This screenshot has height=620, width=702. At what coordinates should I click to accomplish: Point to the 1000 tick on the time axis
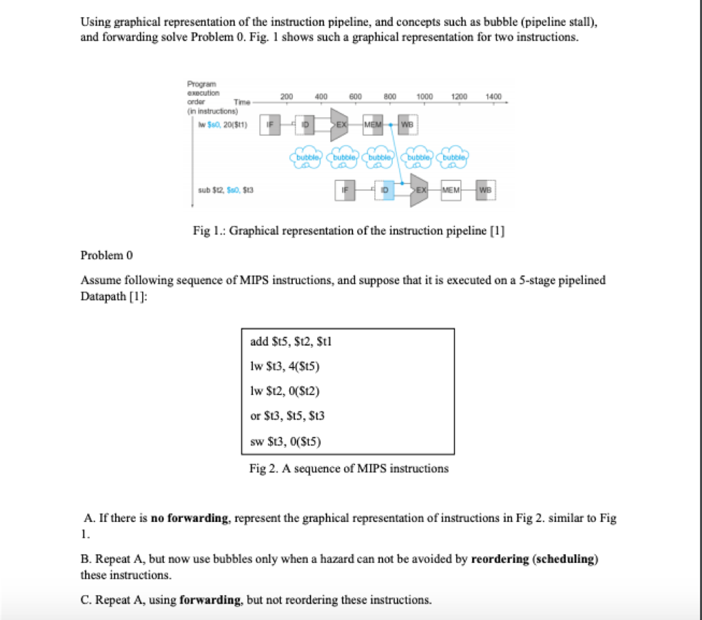tap(424, 97)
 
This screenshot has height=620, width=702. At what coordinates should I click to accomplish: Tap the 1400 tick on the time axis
tap(493, 97)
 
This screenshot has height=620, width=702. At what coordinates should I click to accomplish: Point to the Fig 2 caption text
tap(349, 469)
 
